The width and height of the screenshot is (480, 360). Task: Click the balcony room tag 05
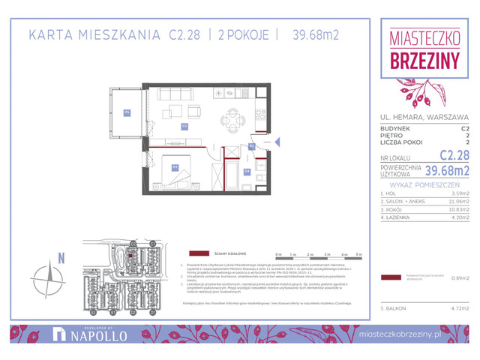(x=127, y=112)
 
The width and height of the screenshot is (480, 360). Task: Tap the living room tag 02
(x=184, y=126)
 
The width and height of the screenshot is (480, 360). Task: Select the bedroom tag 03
(x=174, y=167)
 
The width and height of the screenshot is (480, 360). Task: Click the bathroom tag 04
(x=247, y=170)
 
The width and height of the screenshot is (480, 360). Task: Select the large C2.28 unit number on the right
(x=454, y=156)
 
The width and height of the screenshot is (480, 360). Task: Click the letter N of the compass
(x=61, y=259)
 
